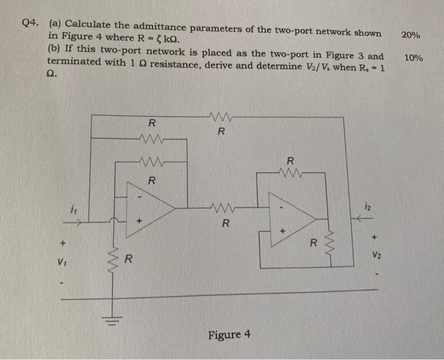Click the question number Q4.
[29, 23]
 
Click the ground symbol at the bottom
[117, 316]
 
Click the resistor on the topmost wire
[220, 116]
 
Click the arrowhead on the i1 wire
[79, 222]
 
